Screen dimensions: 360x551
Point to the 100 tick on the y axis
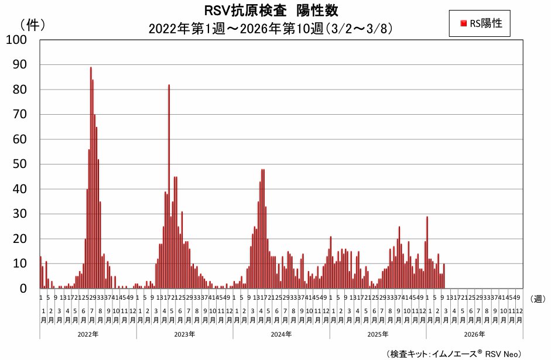click(16, 40)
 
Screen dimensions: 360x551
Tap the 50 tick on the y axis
click(19, 164)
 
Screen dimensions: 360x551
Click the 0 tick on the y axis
click(23, 289)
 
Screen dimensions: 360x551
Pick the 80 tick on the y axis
click(19, 90)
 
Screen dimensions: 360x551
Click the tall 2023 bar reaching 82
click(169, 187)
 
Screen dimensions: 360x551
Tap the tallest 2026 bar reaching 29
click(427, 252)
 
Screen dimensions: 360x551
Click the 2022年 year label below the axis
click(88, 334)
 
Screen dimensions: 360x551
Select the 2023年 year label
click(184, 334)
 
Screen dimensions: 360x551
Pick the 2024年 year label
click(281, 334)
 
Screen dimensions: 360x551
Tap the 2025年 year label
click(378, 334)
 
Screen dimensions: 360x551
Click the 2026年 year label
click(474, 334)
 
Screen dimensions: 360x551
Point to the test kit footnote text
click(453, 354)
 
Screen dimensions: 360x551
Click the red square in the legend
click(463, 23)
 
